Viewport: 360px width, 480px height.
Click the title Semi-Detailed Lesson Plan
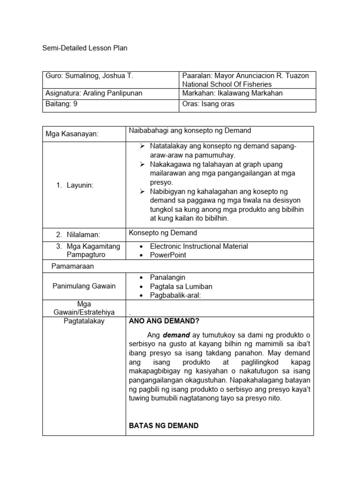pos(84,48)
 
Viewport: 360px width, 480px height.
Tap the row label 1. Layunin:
pos(75,185)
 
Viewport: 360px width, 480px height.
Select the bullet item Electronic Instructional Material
pos(199,246)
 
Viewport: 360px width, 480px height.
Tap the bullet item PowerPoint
pos(168,255)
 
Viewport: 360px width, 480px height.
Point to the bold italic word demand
pos(176,336)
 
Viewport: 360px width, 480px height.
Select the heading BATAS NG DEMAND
pos(164,426)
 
